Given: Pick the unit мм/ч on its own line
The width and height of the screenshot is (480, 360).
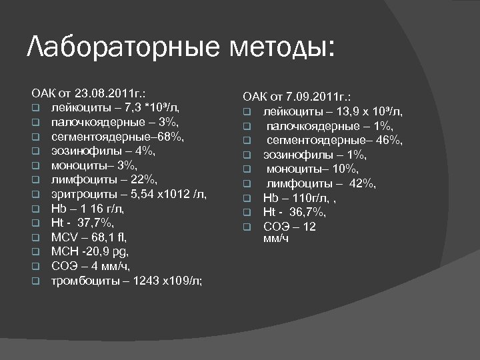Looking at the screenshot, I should click(x=276, y=238).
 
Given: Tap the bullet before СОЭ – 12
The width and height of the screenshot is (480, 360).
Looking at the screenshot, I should click(x=245, y=227).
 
